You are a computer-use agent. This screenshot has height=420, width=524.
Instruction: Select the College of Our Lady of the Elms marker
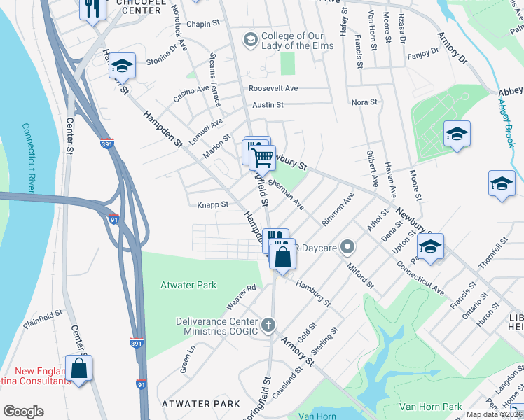(249, 41)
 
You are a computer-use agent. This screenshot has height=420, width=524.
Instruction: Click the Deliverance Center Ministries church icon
(268, 325)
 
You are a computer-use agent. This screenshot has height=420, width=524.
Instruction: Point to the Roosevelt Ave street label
(273, 89)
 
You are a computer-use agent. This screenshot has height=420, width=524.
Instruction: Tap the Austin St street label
(268, 105)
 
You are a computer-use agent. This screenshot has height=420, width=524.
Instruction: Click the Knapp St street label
(213, 204)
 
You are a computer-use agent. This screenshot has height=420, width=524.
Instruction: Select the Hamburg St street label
(312, 293)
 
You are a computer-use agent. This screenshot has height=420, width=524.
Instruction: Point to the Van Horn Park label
(430, 407)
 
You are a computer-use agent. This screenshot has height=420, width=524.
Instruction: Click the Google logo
(23, 412)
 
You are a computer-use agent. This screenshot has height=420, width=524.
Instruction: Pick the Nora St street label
(364, 102)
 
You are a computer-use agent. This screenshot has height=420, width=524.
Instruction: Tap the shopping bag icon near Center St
(79, 368)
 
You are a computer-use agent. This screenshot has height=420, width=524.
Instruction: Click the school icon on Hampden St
(122, 66)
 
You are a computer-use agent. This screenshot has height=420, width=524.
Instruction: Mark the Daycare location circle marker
(347, 247)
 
